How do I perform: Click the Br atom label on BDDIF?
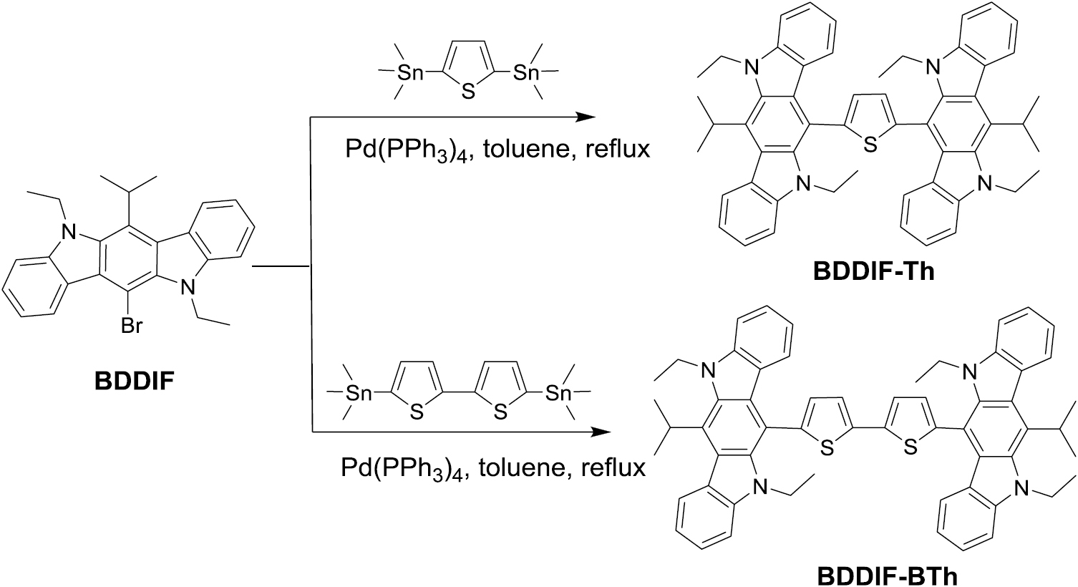(132, 326)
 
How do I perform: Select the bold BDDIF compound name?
(135, 382)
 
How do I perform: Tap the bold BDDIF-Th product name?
(873, 271)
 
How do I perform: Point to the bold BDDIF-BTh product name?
(887, 576)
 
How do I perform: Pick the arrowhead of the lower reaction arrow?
(601, 432)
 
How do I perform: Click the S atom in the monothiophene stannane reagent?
(467, 91)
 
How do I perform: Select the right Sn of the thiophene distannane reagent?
(526, 72)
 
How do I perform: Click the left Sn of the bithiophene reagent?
(359, 393)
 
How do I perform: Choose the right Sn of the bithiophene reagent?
(558, 393)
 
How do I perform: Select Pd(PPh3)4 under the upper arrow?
(407, 151)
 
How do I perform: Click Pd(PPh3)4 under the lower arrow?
(402, 469)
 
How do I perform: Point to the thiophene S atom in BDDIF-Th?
(870, 144)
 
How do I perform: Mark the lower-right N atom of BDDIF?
(188, 287)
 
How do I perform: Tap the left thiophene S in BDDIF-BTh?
(827, 448)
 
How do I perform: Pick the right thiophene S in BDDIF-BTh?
(910, 448)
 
